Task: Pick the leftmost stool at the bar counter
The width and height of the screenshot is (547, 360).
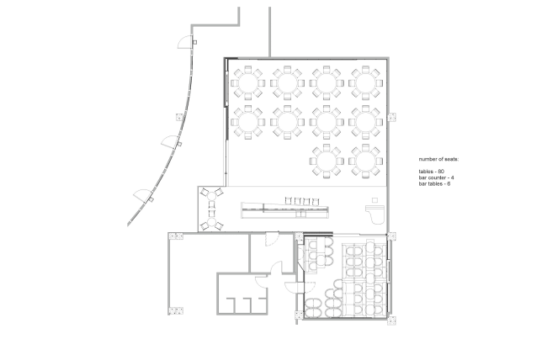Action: [x=288, y=200]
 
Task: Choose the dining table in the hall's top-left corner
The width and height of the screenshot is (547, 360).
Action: [x=248, y=82]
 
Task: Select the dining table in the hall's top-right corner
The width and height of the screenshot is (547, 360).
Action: [x=365, y=82]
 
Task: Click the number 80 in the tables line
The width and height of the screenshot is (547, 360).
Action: [x=441, y=172]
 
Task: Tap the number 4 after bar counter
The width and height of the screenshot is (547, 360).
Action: [x=452, y=177]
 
